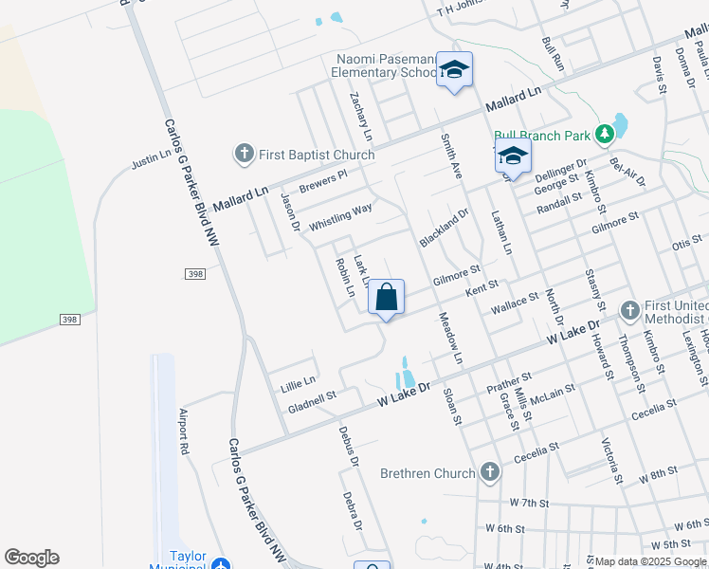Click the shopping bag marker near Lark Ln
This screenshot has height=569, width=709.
386,298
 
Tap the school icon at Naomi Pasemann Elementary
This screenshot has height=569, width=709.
454,69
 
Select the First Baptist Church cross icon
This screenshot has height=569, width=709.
244,154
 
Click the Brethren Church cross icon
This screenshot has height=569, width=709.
489,471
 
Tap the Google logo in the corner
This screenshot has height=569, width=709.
31,558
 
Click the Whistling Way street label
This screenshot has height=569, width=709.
340,216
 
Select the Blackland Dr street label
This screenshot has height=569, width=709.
445,229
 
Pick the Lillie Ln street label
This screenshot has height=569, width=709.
298,384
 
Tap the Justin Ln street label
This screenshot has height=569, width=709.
152,158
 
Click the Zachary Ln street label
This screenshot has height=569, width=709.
361,116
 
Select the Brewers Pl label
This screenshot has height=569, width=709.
323,180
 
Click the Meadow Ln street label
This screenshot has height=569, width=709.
449,339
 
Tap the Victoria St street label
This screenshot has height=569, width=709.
611,461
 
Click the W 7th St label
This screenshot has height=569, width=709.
529,502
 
